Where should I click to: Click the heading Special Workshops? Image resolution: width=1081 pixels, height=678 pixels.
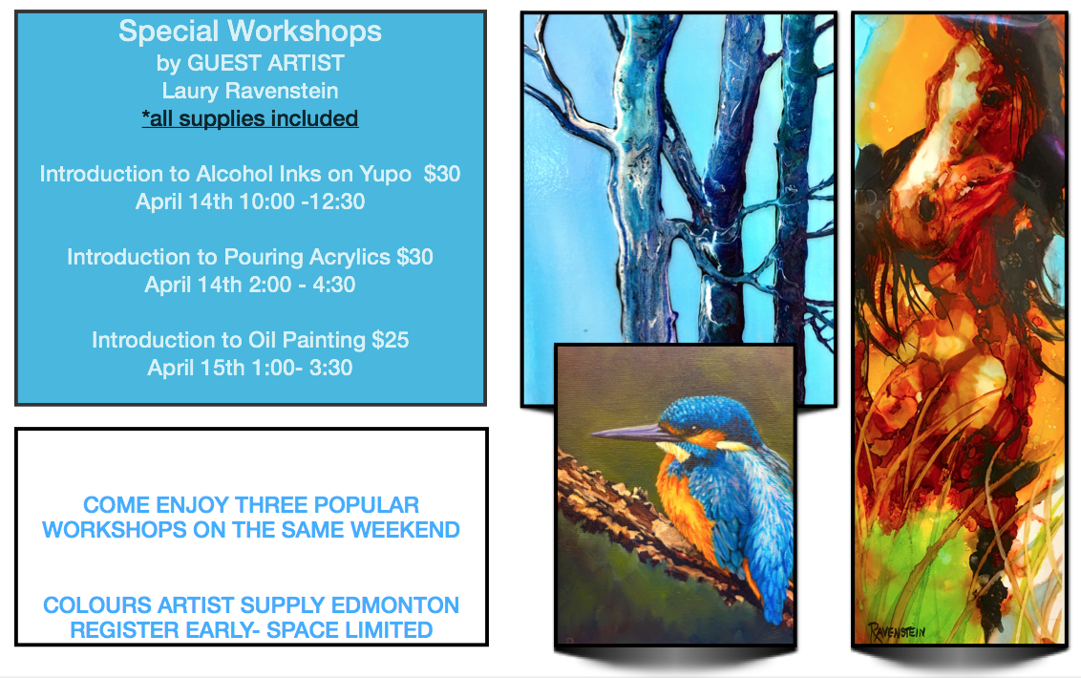(249, 32)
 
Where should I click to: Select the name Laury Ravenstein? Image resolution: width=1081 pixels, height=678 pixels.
(249, 91)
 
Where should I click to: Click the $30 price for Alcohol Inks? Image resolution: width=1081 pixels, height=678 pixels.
(442, 174)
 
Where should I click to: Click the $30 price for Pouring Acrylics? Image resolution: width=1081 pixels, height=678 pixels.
(414, 257)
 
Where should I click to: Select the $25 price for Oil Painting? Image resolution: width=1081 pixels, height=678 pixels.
(391, 340)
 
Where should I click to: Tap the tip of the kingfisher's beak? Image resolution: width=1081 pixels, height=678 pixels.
(592, 434)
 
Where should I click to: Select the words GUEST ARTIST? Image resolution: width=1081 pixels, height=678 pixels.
(265, 63)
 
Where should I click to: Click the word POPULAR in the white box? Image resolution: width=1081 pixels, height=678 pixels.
(366, 505)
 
